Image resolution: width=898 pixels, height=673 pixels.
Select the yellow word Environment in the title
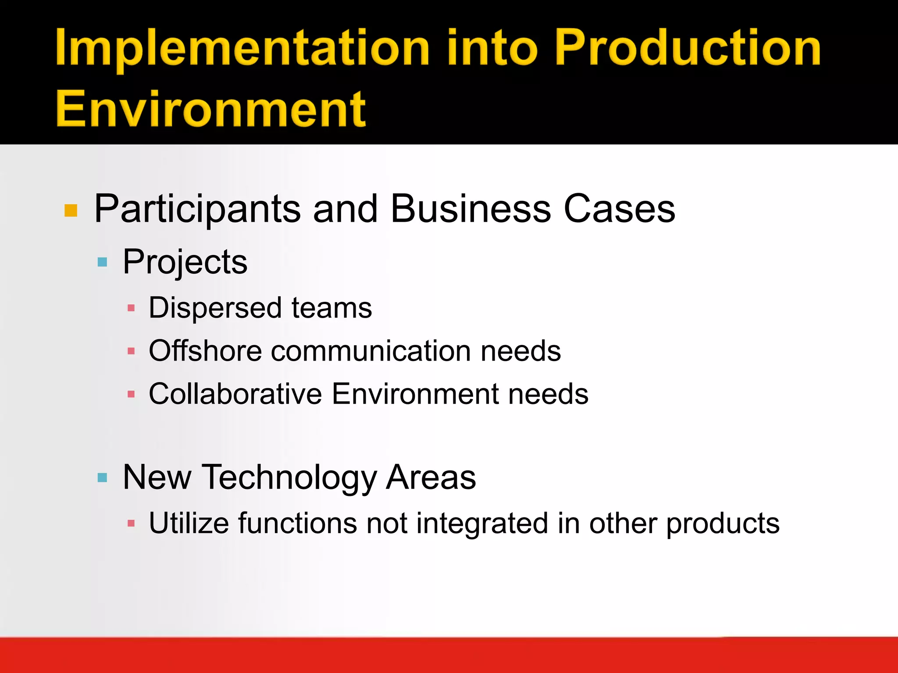point(210,109)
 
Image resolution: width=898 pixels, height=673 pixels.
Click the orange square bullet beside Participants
point(71,211)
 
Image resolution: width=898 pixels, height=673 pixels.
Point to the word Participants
point(197,209)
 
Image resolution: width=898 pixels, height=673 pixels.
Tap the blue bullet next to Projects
point(102,262)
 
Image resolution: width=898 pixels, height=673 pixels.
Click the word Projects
point(185,262)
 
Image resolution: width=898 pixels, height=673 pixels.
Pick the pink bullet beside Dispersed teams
point(131,308)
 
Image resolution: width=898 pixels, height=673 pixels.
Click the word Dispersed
point(215,308)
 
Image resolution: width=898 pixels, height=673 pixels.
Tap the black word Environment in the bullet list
point(415,393)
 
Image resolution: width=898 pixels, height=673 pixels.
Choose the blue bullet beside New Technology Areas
point(102,478)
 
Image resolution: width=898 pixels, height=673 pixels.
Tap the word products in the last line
point(723,524)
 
